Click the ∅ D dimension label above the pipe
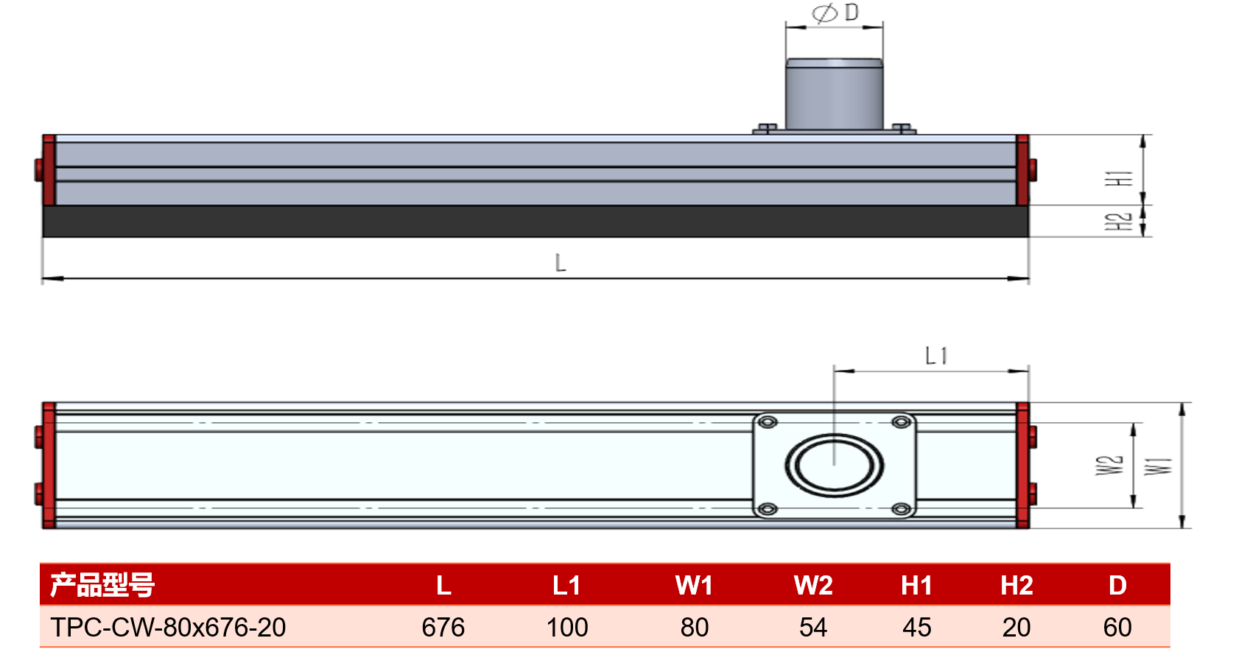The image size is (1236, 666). (835, 13)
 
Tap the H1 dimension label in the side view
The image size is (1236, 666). (1118, 178)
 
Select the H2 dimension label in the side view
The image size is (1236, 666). (1118, 221)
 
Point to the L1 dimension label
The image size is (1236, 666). (936, 356)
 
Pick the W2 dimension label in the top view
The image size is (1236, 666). (1109, 465)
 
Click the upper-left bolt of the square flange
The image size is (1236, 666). (768, 423)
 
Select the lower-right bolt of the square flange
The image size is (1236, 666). (902, 509)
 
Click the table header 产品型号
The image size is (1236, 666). (102, 585)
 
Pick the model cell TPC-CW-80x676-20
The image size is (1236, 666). (168, 628)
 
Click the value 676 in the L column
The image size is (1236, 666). (443, 628)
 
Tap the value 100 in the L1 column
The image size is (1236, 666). (567, 628)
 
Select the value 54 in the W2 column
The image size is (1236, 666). (812, 628)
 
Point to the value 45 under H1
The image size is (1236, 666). (916, 628)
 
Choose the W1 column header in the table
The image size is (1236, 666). (694, 586)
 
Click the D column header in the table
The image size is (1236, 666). (1117, 586)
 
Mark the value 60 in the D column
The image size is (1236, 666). (1117, 628)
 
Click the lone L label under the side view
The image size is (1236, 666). (560, 263)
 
